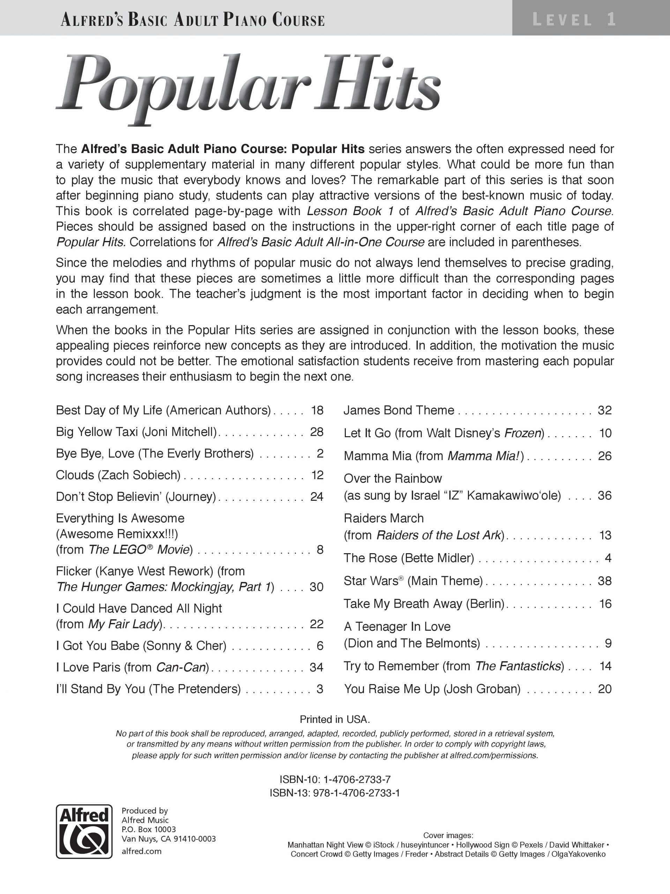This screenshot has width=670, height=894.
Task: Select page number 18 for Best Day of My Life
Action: pyautogui.click(x=317, y=410)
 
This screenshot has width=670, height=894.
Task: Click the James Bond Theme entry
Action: pyautogui.click(x=399, y=410)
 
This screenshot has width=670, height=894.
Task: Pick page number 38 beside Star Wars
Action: pyautogui.click(x=605, y=581)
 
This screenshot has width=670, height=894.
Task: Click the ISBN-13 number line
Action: pyautogui.click(x=335, y=793)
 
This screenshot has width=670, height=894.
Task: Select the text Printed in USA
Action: pyautogui.click(x=335, y=719)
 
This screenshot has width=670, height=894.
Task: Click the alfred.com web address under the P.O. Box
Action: pyautogui.click(x=141, y=851)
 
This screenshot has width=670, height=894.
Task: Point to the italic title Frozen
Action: pyautogui.click(x=523, y=433)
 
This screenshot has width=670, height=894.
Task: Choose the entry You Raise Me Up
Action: pyautogui.click(x=432, y=689)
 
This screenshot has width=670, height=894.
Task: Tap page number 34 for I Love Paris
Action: pyautogui.click(x=316, y=667)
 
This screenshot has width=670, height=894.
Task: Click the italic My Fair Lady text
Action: pyautogui.click(x=123, y=624)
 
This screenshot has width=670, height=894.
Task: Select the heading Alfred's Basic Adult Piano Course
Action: pyautogui.click(x=193, y=20)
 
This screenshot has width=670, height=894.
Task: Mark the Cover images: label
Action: pyautogui.click(x=448, y=835)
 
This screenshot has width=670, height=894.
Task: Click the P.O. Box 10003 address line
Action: pyautogui.click(x=149, y=829)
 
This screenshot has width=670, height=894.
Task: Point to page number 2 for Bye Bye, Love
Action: pyautogui.click(x=320, y=454)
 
